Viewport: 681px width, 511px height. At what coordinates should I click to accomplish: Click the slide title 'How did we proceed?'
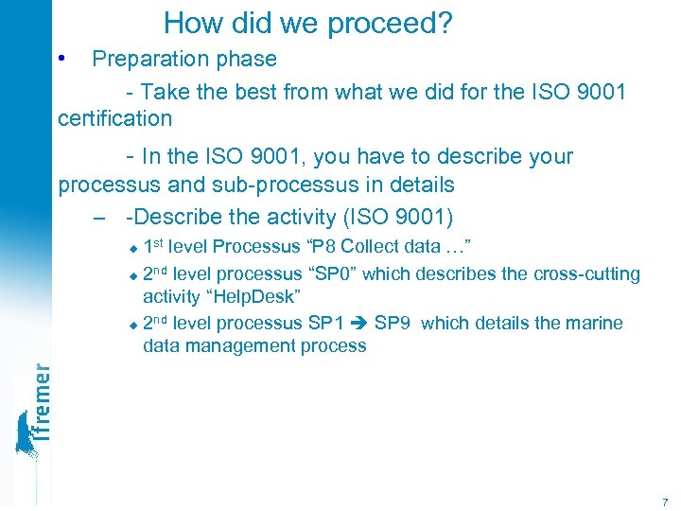pos(307,23)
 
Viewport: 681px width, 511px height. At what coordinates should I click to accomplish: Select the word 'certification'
pos(114,119)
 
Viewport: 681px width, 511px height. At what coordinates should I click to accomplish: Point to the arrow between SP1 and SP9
pos(359,324)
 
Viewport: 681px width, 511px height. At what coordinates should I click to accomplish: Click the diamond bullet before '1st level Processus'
pos(132,249)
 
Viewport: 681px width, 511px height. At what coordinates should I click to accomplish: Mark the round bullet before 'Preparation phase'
pos(61,58)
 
